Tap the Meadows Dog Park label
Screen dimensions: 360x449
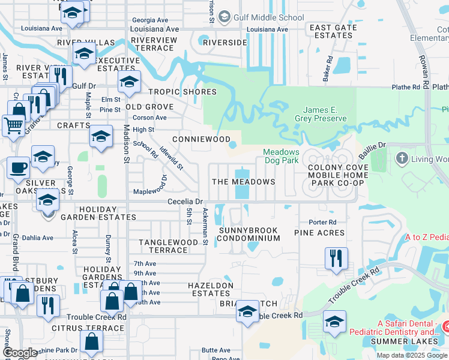tap(281, 157)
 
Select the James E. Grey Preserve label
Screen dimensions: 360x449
tap(324, 114)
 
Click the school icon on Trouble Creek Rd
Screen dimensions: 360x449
tap(247, 311)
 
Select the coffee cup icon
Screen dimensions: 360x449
tap(18, 168)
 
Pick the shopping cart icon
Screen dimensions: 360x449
tap(13, 127)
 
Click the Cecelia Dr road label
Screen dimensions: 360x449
tap(186, 202)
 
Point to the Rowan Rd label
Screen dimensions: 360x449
tap(425, 65)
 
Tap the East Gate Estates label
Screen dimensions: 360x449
tap(331, 31)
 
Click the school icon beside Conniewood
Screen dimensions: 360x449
tap(101, 137)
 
